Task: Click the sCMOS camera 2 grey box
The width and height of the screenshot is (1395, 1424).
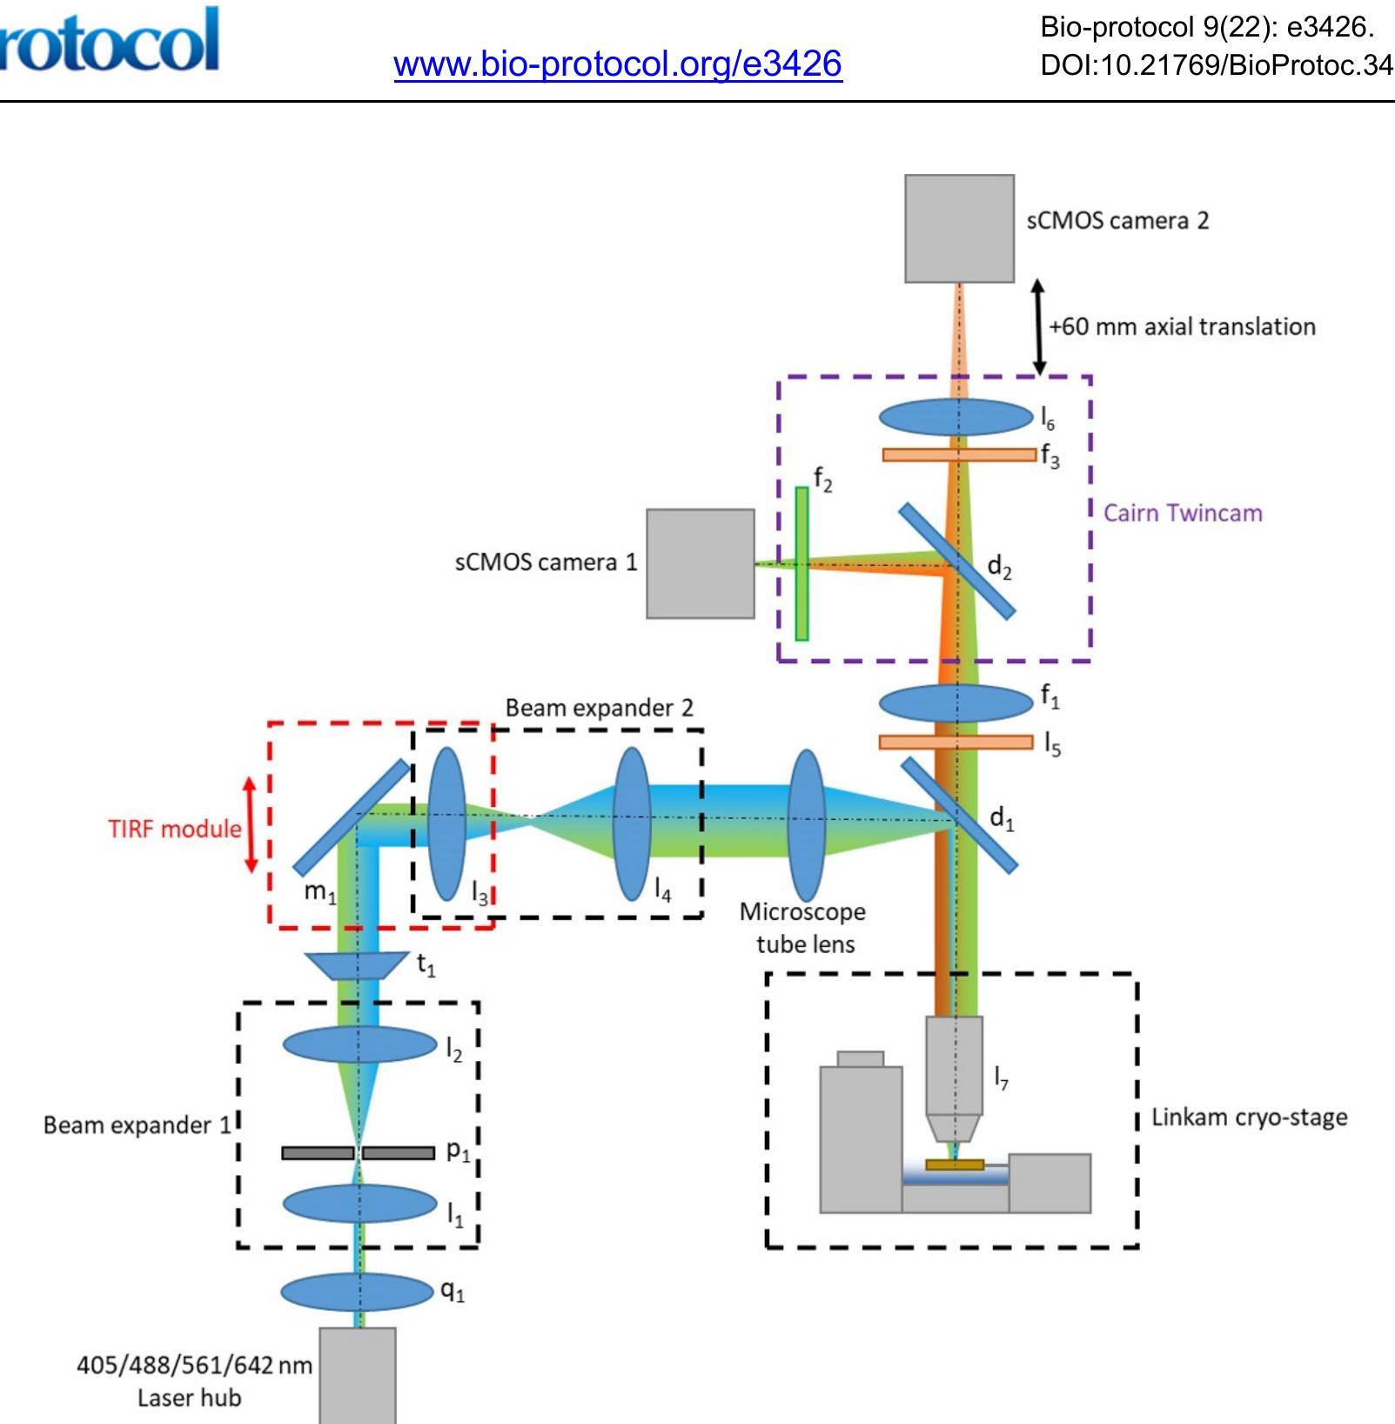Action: (959, 228)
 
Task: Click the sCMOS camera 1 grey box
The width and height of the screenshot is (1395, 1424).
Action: (700, 563)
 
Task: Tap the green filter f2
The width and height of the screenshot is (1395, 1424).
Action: (801, 563)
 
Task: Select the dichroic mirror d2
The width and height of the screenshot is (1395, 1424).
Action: (956, 561)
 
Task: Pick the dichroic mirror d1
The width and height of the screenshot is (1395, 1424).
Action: (958, 815)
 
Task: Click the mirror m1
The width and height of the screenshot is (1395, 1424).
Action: (351, 816)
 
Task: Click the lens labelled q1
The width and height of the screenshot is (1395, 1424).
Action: (357, 1291)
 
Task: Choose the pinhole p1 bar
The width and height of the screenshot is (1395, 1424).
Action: (319, 1153)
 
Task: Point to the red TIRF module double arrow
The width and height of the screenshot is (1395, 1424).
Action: (251, 824)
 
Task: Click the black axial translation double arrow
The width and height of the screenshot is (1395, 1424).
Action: (1038, 327)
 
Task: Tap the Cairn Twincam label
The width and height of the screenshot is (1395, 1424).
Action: (1182, 513)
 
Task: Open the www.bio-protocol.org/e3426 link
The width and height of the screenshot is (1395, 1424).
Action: (618, 64)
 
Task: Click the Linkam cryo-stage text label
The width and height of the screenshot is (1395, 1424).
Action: (1249, 1117)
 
